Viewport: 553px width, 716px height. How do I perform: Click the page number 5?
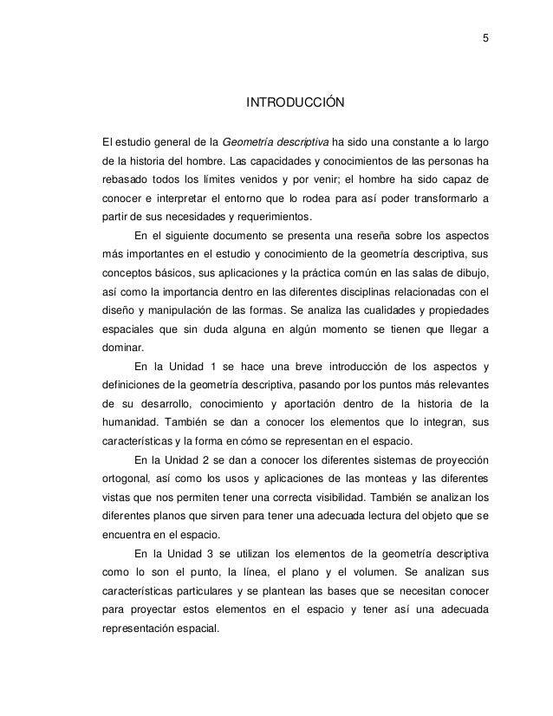pos(485,37)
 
